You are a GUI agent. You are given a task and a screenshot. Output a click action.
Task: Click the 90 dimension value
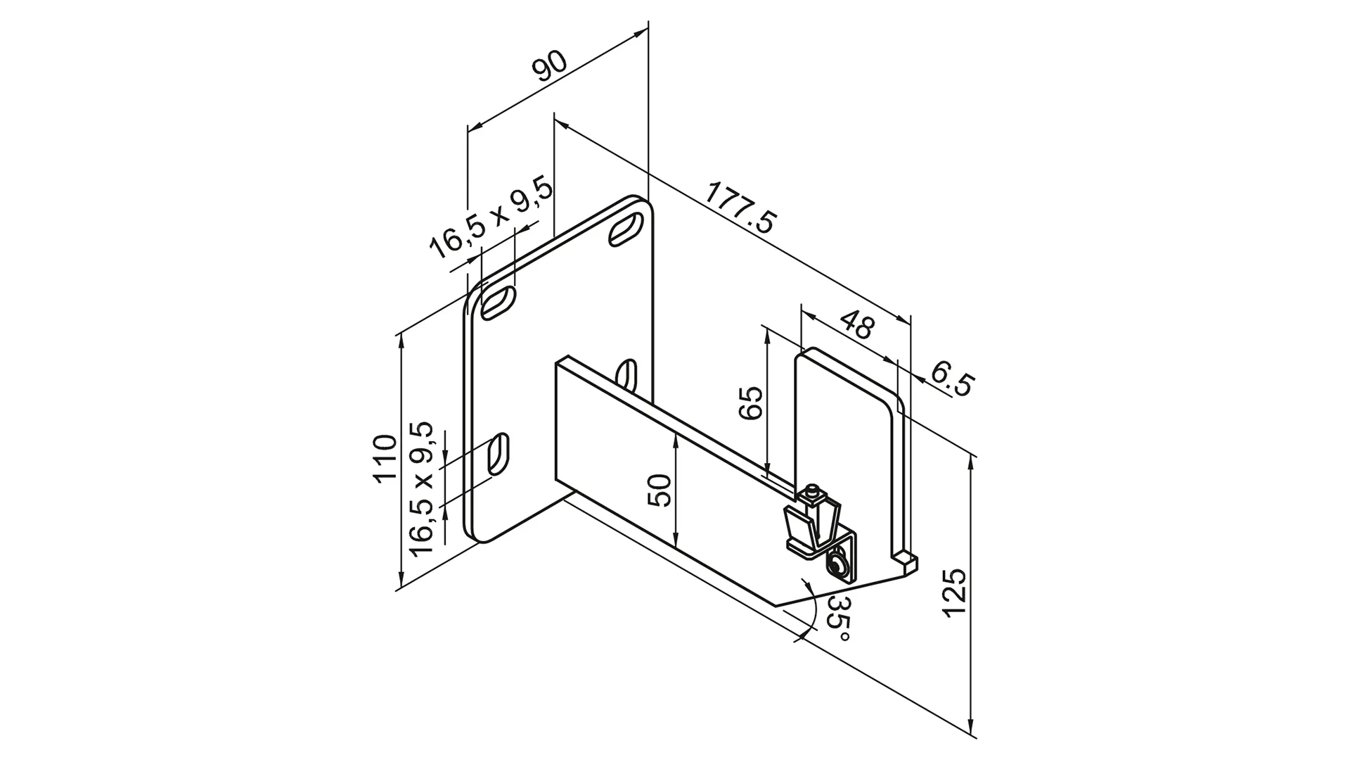coord(550,68)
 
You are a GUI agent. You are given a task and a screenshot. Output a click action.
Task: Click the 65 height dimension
coord(752,403)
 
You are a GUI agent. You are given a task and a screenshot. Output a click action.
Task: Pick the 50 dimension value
coord(659,490)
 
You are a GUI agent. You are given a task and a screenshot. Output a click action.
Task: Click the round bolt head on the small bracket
coord(837,565)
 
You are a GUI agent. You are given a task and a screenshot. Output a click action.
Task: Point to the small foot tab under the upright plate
coord(906,561)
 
